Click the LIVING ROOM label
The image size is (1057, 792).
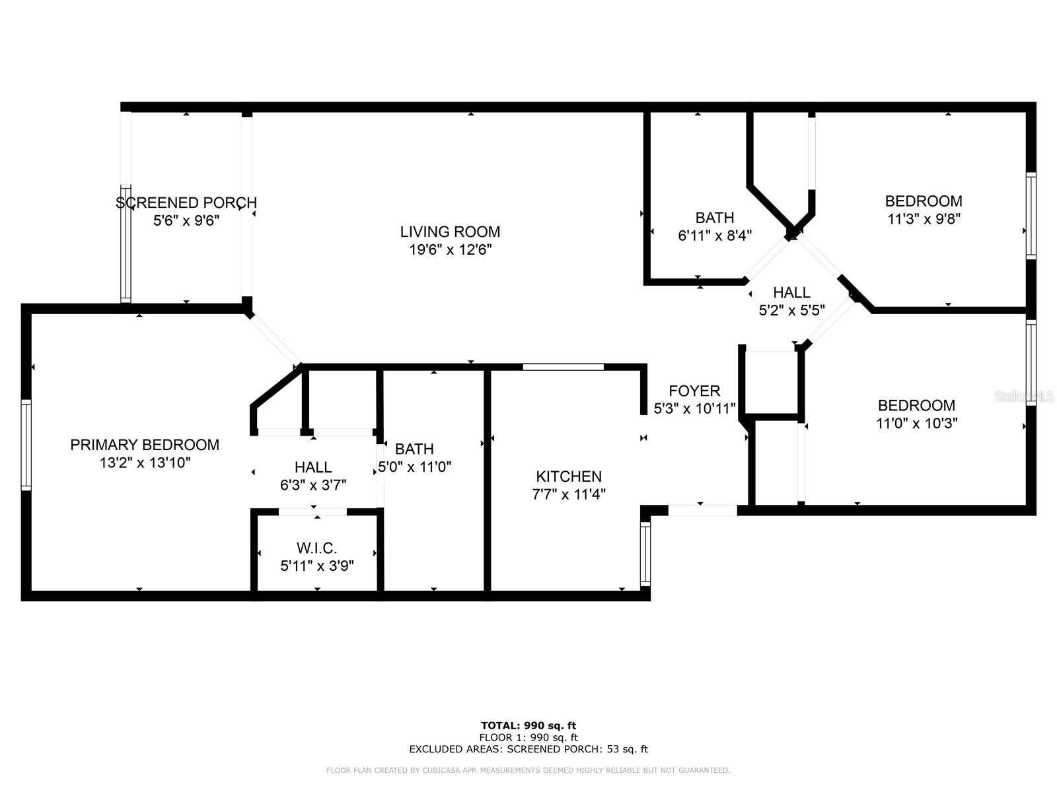click(450, 232)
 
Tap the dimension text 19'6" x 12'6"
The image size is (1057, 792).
click(450, 249)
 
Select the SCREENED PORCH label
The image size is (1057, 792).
click(186, 203)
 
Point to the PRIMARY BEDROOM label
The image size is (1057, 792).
click(145, 445)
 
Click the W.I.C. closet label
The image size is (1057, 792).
click(317, 548)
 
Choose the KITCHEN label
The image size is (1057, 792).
click(569, 477)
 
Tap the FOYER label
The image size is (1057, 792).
click(694, 391)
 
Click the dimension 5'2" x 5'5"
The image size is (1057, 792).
click(791, 310)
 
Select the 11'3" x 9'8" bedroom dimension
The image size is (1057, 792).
click(924, 218)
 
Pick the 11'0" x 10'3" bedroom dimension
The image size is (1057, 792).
click(917, 423)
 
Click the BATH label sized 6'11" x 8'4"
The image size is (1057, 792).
click(715, 218)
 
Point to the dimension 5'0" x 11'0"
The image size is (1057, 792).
click(414, 467)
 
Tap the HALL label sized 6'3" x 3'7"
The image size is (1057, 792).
click(313, 467)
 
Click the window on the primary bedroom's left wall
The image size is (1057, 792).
click(26, 444)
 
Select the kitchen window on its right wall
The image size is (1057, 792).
click(645, 553)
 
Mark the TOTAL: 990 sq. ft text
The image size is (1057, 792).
click(528, 725)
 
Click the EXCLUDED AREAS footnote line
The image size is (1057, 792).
click(528, 749)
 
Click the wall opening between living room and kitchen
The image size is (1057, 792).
click(563, 367)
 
